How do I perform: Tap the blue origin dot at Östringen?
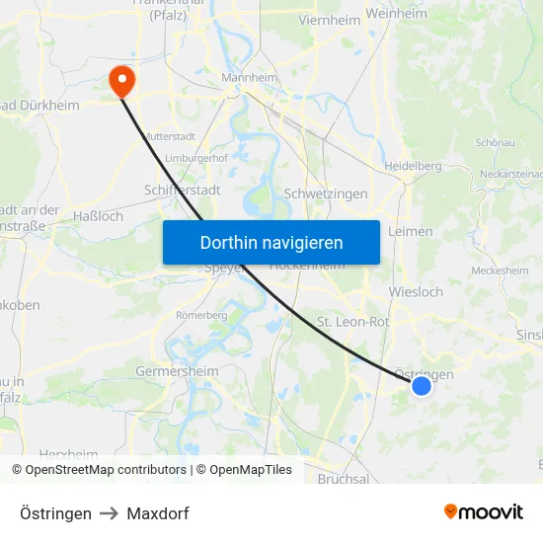coord(422,385)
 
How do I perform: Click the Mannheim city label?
coord(250,78)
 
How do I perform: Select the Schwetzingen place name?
coord(325,194)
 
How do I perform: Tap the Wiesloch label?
coord(416,292)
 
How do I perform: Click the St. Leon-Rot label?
coord(352,322)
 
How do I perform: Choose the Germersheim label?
coord(177,371)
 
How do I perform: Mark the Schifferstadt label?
coord(182,190)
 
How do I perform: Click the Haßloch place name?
coord(99,215)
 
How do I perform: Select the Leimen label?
coord(411,231)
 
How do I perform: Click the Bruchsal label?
coord(344,479)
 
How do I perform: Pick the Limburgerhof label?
coord(196,158)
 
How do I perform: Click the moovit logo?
coord(484,512)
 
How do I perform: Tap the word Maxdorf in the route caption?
coord(158,513)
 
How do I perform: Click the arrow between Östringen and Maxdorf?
coord(110,513)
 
